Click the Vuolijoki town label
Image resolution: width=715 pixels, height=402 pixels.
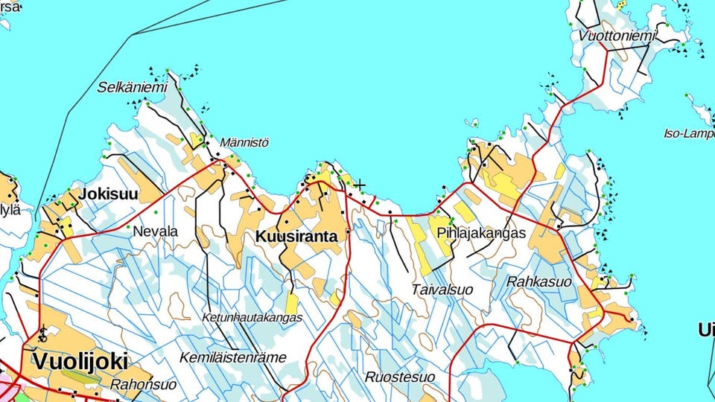(x=80, y=362)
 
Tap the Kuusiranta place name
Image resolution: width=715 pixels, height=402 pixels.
(x=296, y=237)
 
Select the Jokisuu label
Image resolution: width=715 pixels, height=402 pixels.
(x=109, y=195)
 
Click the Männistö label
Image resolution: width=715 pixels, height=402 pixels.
(x=244, y=142)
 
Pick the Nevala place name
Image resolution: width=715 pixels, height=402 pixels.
(x=155, y=232)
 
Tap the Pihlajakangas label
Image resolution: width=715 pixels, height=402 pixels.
(x=481, y=233)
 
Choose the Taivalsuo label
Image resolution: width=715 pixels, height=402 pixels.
(x=442, y=289)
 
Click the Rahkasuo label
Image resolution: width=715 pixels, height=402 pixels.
(x=538, y=282)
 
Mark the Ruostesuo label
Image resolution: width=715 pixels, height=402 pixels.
(x=400, y=377)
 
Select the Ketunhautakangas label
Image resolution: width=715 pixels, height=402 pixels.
(x=252, y=317)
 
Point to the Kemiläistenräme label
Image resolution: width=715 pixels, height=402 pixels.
(x=232, y=357)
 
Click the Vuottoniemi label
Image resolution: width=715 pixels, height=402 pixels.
(x=617, y=36)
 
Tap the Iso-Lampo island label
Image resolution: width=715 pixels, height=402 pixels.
(x=688, y=134)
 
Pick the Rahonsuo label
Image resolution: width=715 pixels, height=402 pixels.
(x=143, y=385)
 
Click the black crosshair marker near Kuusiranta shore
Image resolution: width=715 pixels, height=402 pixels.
(x=360, y=185)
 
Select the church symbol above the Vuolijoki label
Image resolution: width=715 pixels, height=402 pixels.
(x=42, y=332)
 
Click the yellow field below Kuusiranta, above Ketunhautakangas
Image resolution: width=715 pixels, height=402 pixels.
(x=291, y=303)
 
